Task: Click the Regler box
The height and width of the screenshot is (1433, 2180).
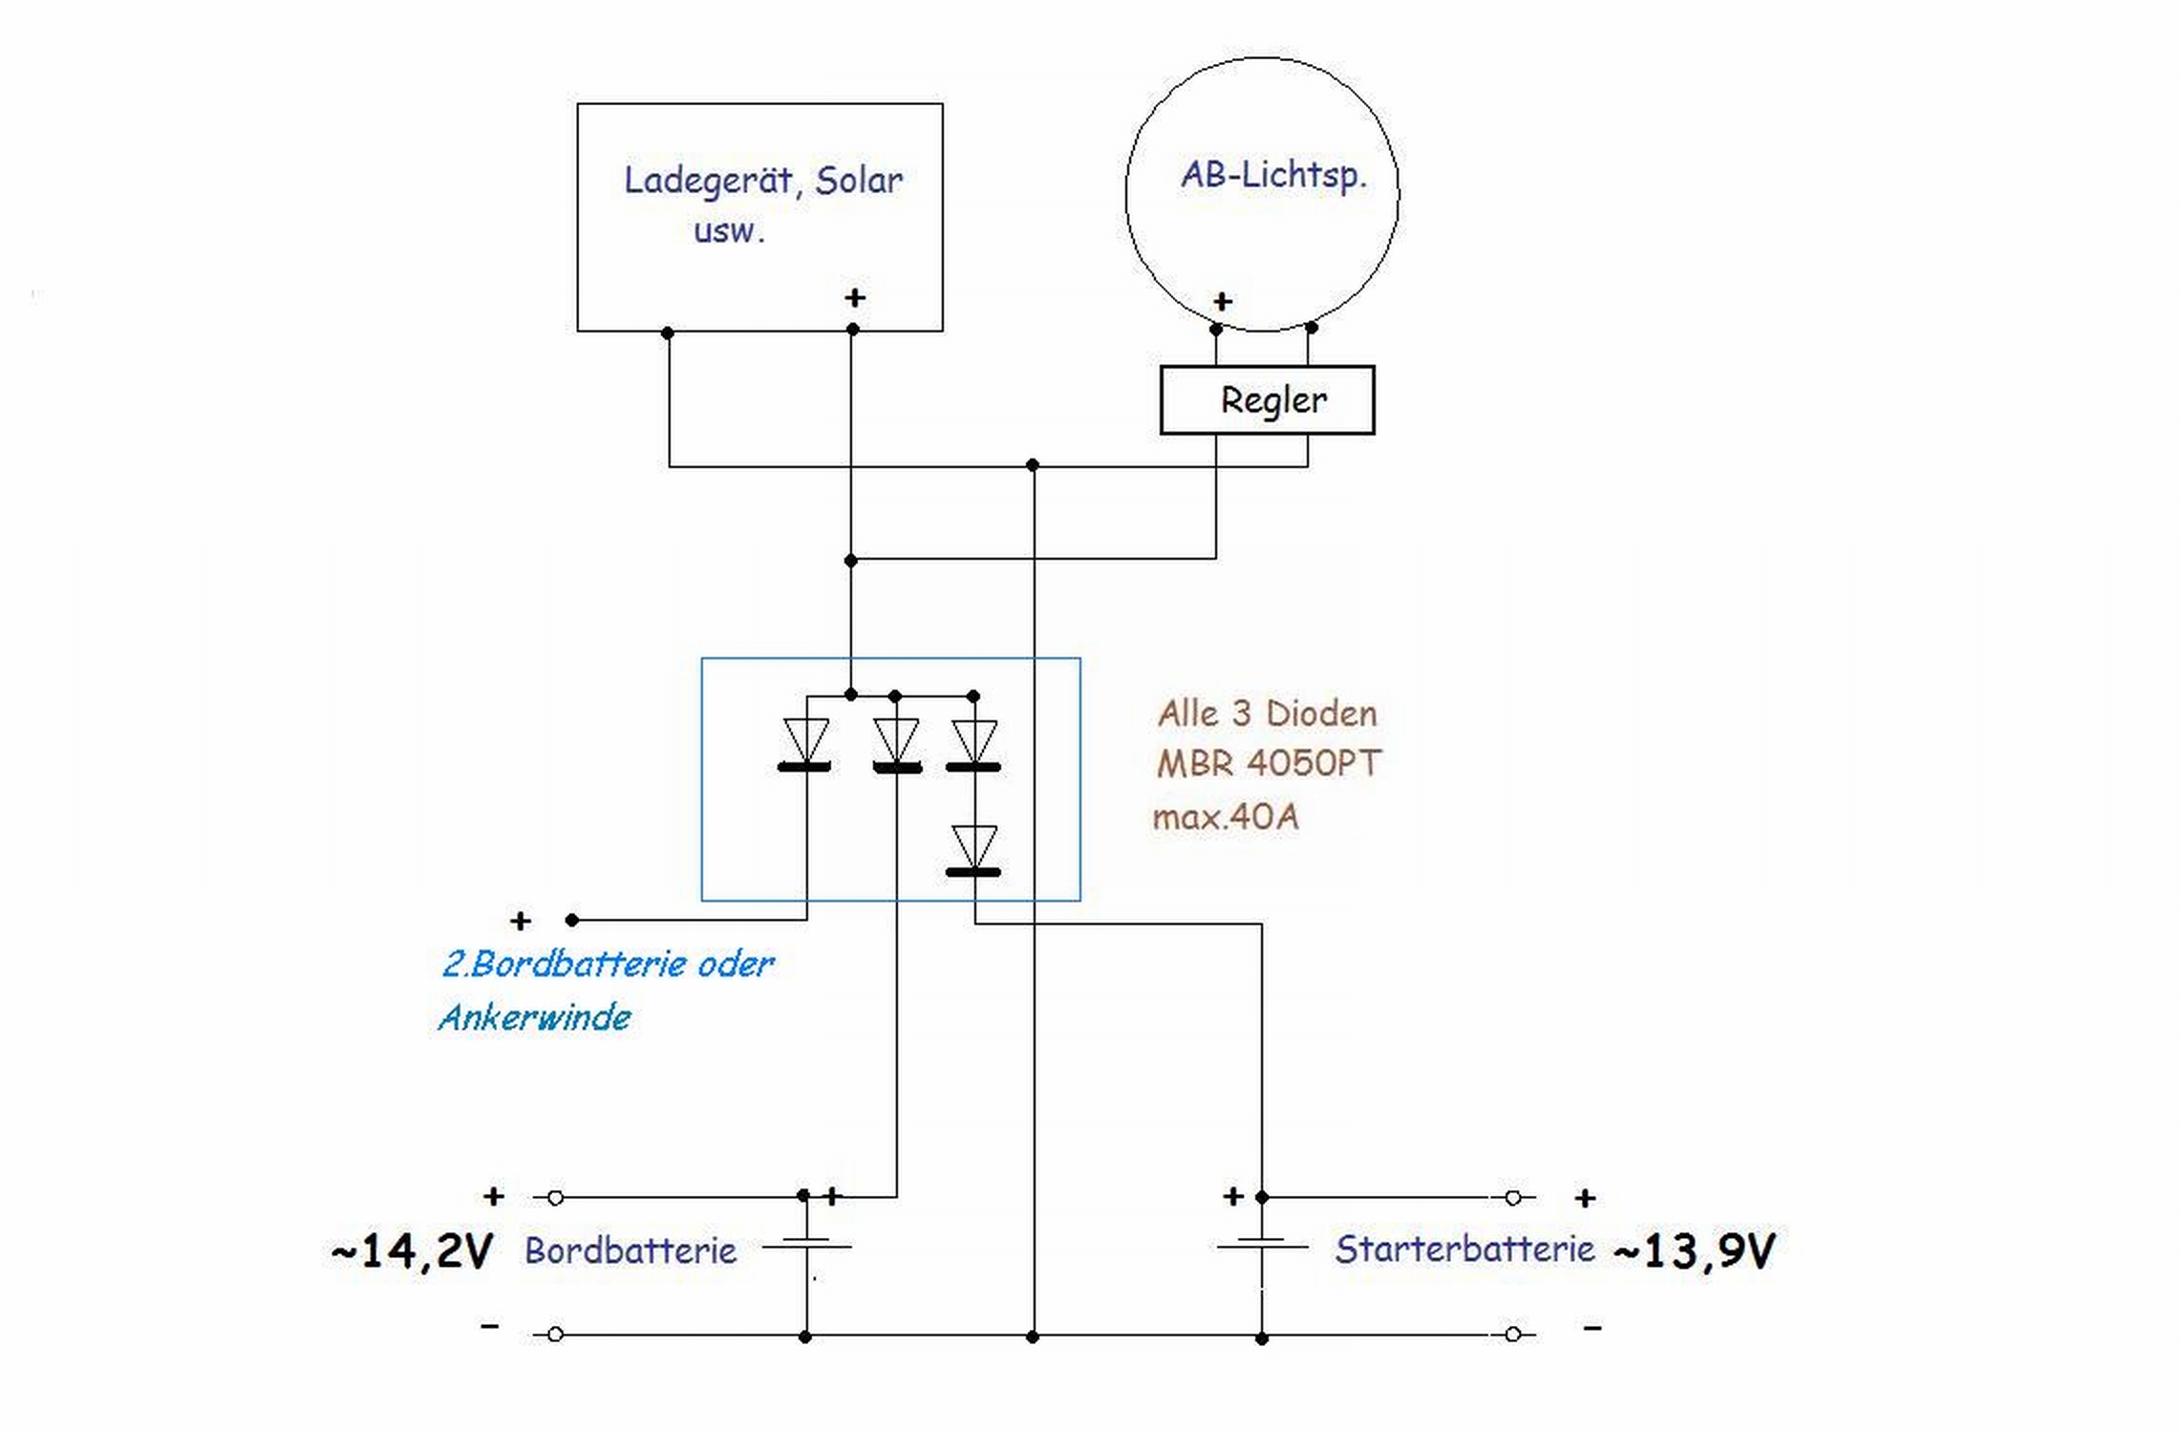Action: [x=1267, y=400]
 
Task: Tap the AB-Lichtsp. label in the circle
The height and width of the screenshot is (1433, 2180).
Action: [x=1273, y=176]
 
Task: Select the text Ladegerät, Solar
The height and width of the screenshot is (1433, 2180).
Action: [x=762, y=181]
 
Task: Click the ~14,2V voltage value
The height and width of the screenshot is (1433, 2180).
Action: [x=413, y=1251]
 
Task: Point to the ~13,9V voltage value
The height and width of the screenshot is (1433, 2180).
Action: [x=1694, y=1251]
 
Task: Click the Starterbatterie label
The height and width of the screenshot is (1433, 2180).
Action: [x=1464, y=1249]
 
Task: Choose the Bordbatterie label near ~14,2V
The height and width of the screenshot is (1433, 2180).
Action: [x=630, y=1251]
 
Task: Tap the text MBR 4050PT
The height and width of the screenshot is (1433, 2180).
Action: [x=1268, y=763]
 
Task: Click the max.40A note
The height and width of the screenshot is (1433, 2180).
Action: [x=1225, y=817]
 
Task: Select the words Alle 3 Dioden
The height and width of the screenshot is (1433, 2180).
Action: [x=1267, y=714]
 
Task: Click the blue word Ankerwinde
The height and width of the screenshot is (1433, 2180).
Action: [x=535, y=1017]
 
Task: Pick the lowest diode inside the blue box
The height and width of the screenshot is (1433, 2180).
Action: [x=973, y=850]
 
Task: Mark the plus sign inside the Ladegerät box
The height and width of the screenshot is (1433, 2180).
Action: [x=855, y=298]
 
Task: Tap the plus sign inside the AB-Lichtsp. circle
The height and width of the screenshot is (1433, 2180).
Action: [x=1222, y=302]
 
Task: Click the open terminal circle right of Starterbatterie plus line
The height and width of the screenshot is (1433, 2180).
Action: [x=1512, y=1197]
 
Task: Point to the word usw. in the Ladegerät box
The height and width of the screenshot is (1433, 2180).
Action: [x=729, y=231]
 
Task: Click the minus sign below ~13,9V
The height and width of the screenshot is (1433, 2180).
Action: [x=1592, y=1327]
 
